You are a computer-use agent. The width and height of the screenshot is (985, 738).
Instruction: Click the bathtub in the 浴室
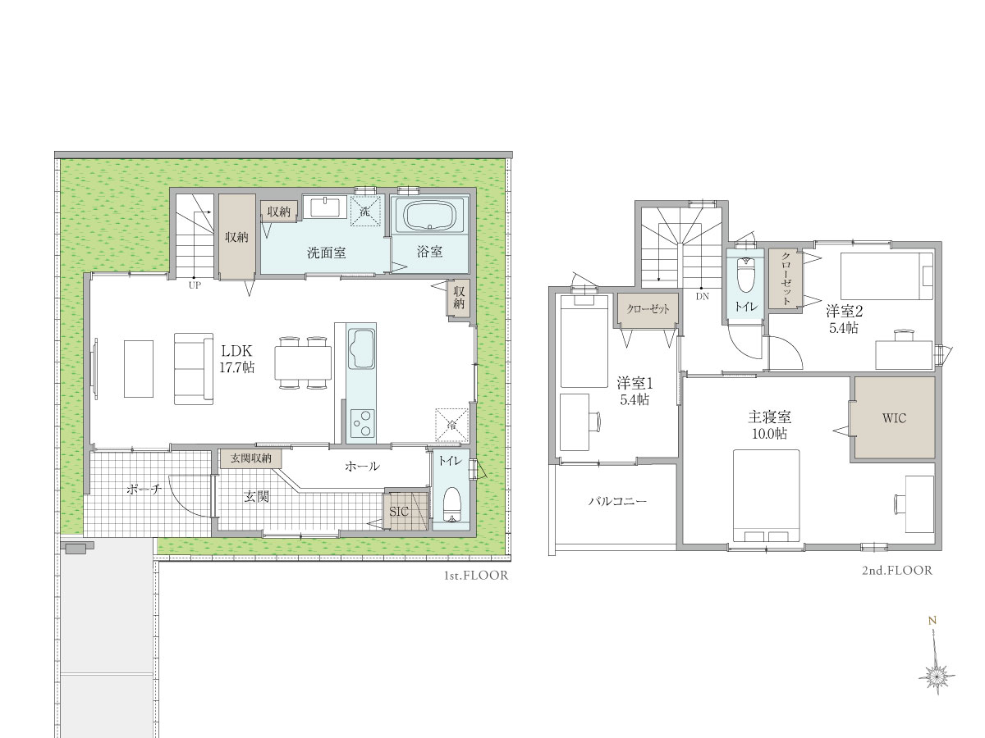(430, 215)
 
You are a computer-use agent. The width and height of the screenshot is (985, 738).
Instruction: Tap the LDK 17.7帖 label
(236, 359)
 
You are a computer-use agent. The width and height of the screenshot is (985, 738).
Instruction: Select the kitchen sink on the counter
(361, 348)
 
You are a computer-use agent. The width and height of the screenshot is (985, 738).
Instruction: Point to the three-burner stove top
(362, 422)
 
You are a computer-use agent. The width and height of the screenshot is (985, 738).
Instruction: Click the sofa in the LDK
(194, 369)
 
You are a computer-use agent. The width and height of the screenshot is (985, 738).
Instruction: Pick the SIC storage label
(398, 512)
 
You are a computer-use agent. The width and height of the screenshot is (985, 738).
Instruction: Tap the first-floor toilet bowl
(452, 504)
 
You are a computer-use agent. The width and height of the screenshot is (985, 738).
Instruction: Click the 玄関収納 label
(251, 458)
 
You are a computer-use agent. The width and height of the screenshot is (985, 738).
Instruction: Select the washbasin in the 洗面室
(325, 207)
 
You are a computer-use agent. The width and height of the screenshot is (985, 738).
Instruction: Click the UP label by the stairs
(195, 285)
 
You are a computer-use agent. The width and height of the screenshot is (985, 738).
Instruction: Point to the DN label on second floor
(703, 296)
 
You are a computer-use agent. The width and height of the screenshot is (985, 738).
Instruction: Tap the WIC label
(894, 418)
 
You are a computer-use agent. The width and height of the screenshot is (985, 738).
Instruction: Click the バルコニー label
(617, 501)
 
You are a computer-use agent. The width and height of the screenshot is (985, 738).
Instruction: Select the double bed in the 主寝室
(766, 495)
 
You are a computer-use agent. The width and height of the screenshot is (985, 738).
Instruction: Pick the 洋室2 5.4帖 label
(844, 320)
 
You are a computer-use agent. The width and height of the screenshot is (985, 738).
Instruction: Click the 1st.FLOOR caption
(476, 576)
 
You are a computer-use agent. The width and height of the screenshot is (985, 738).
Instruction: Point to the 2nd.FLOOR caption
(897, 571)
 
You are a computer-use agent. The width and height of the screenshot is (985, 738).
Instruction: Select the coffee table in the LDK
(139, 369)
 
